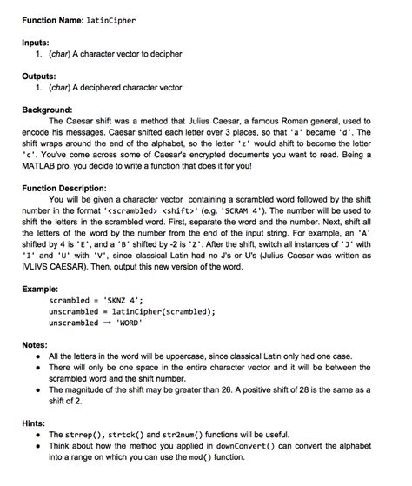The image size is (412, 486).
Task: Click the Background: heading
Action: pos(50,110)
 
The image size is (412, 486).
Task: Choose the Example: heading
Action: pos(41,287)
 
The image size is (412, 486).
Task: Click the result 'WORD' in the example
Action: pos(126,323)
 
